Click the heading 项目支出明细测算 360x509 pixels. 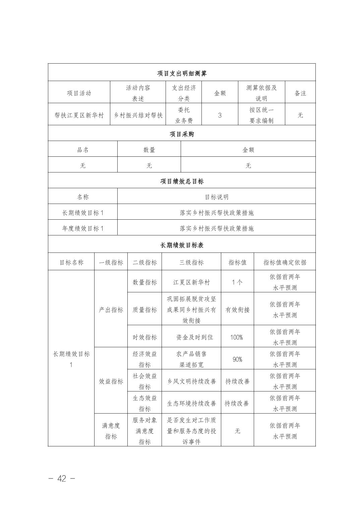click(182, 73)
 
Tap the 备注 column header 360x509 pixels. click(300, 93)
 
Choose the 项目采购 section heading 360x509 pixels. click(182, 134)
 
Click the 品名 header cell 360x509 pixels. click(83, 150)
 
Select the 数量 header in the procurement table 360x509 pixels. click(149, 150)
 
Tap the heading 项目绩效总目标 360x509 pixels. click(182, 181)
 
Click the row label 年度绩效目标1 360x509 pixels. click(83, 228)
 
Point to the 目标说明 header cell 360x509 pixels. click(217, 197)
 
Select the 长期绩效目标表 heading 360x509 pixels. click(182, 245)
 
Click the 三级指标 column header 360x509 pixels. click(191, 263)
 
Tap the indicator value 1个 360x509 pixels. click(237, 282)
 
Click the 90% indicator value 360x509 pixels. click(237, 359)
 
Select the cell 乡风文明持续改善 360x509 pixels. click(191, 381)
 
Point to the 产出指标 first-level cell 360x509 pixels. click(111, 310)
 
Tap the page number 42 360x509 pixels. click(62, 479)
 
